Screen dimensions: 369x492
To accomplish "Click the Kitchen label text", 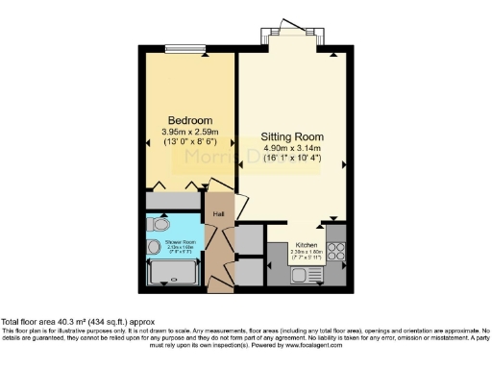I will (306, 245).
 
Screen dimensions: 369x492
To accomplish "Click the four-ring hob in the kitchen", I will (337, 251).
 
